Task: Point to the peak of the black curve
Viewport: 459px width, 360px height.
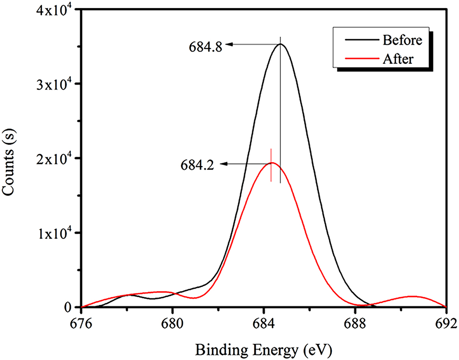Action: pos(280,44)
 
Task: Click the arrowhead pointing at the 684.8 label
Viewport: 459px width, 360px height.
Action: pos(229,45)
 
